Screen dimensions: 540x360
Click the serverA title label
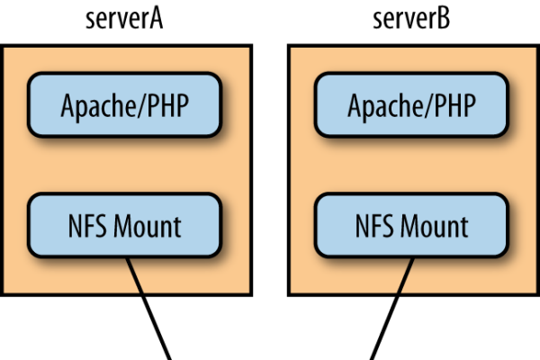pos(124,19)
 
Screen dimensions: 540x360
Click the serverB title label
pos(411,19)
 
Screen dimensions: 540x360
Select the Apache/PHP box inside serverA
pos(124,105)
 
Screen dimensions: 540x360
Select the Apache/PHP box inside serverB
pos(411,105)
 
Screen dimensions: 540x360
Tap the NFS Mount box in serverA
pos(124,226)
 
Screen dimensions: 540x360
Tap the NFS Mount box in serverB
pos(411,226)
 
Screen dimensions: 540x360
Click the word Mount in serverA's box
pos(148,226)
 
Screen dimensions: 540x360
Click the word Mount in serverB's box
pos(435,226)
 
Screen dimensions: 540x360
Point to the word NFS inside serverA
pos(87,226)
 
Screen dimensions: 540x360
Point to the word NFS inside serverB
pos(374,226)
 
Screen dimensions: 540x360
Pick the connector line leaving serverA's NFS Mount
pos(148,309)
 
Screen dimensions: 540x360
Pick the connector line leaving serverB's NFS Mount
pos(391,309)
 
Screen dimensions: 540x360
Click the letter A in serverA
pos(156,19)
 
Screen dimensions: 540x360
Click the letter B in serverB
pos(444,19)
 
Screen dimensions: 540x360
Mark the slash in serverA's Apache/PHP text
pos(141,105)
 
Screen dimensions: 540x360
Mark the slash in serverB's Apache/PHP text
pos(428,105)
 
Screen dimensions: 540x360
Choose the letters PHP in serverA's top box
pos(168,105)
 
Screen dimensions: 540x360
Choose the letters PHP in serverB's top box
pos(455,105)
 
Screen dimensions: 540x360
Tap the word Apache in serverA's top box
pos(98,107)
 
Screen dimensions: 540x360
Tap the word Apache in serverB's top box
pos(386,107)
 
